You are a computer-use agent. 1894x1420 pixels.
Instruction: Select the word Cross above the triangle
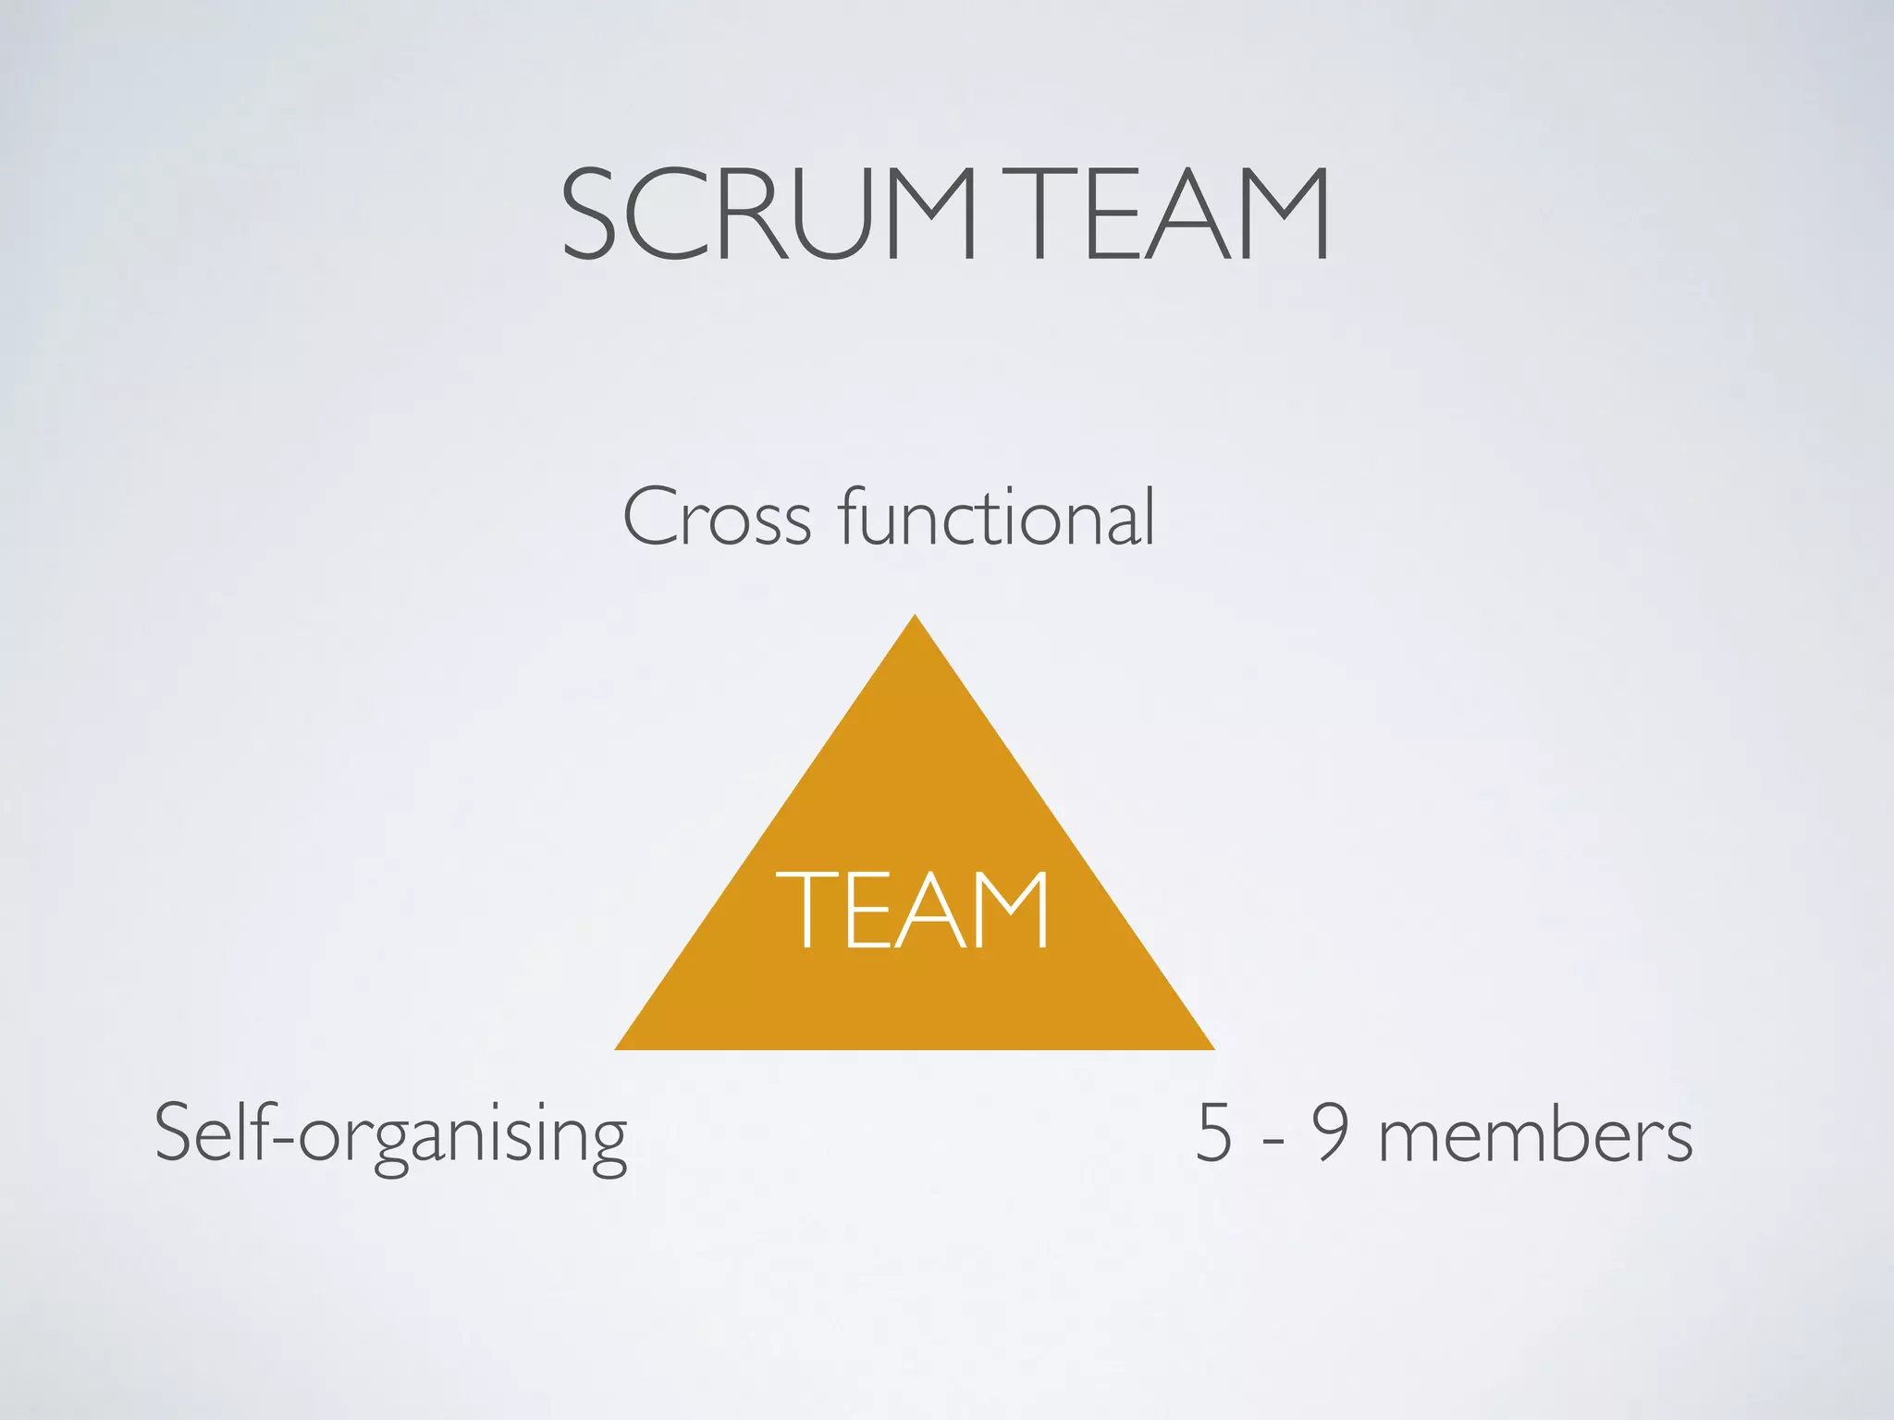[717, 518]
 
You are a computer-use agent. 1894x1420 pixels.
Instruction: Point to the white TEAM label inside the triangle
[913, 910]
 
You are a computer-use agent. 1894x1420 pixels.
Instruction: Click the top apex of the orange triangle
[915, 618]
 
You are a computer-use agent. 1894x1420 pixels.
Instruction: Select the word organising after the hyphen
[462, 1137]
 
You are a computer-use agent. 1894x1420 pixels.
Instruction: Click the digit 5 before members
[1214, 1133]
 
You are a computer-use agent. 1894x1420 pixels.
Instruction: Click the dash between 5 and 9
[1273, 1140]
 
